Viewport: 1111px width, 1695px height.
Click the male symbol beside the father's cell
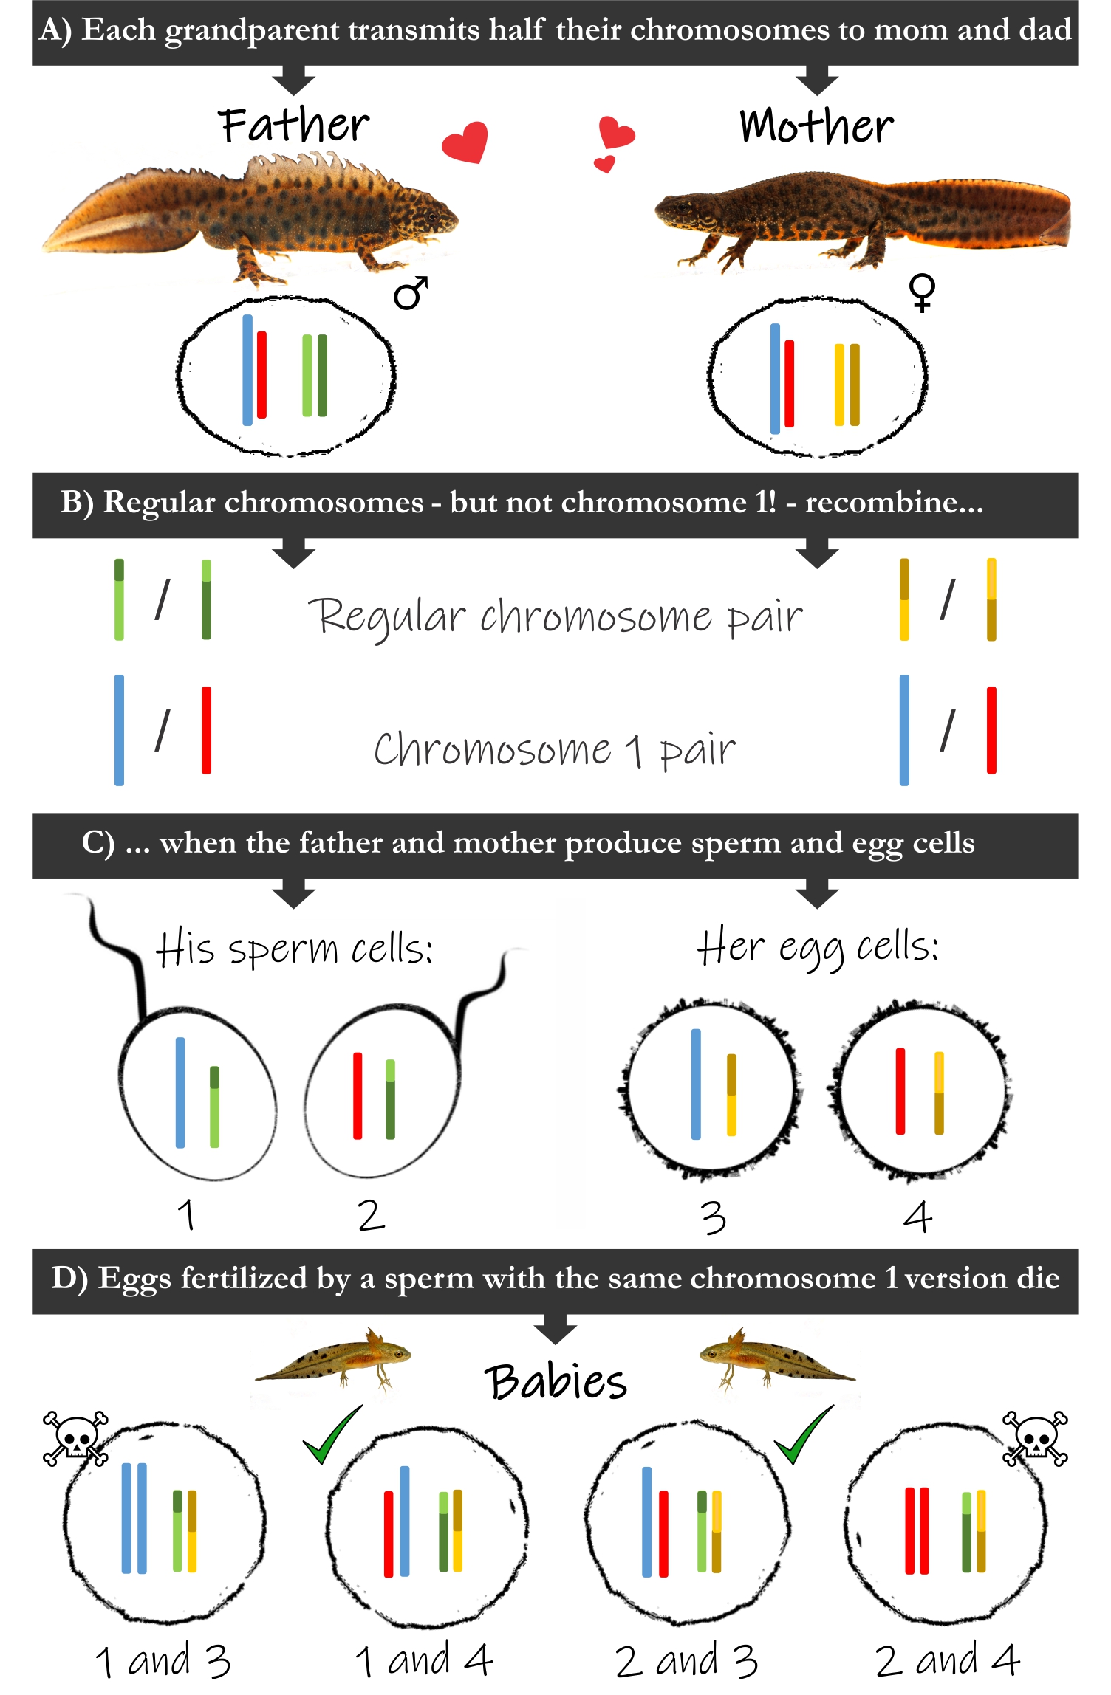(x=411, y=293)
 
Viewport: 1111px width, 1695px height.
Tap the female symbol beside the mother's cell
(x=923, y=293)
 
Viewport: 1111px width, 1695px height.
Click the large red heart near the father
(x=465, y=141)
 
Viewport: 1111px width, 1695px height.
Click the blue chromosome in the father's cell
(x=247, y=370)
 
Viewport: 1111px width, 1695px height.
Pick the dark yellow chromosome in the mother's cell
(x=855, y=385)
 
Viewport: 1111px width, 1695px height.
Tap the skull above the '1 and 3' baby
(x=75, y=1438)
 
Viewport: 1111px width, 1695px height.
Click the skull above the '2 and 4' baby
(x=1034, y=1438)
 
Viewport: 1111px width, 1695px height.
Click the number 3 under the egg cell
(x=713, y=1217)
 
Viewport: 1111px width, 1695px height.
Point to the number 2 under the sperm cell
(x=371, y=1216)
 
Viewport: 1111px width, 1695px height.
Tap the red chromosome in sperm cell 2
(x=358, y=1096)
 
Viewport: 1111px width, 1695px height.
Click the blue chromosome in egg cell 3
(x=696, y=1084)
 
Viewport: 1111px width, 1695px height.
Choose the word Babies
(x=555, y=1382)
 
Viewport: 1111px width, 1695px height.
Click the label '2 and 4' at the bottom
(x=947, y=1661)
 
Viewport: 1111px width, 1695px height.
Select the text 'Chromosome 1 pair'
(x=554, y=750)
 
